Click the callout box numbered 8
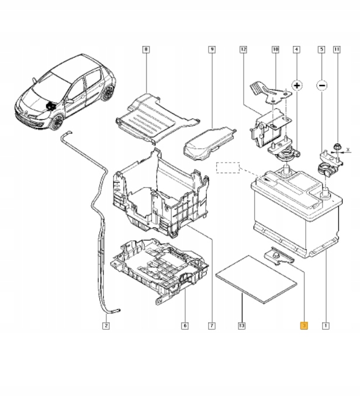146,50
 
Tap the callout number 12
243,50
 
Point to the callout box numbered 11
336,50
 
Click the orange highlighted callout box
303,325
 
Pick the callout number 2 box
106,325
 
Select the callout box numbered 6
185,325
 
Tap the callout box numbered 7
211,325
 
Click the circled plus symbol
297,85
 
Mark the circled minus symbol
321,85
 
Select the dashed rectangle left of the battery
229,168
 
